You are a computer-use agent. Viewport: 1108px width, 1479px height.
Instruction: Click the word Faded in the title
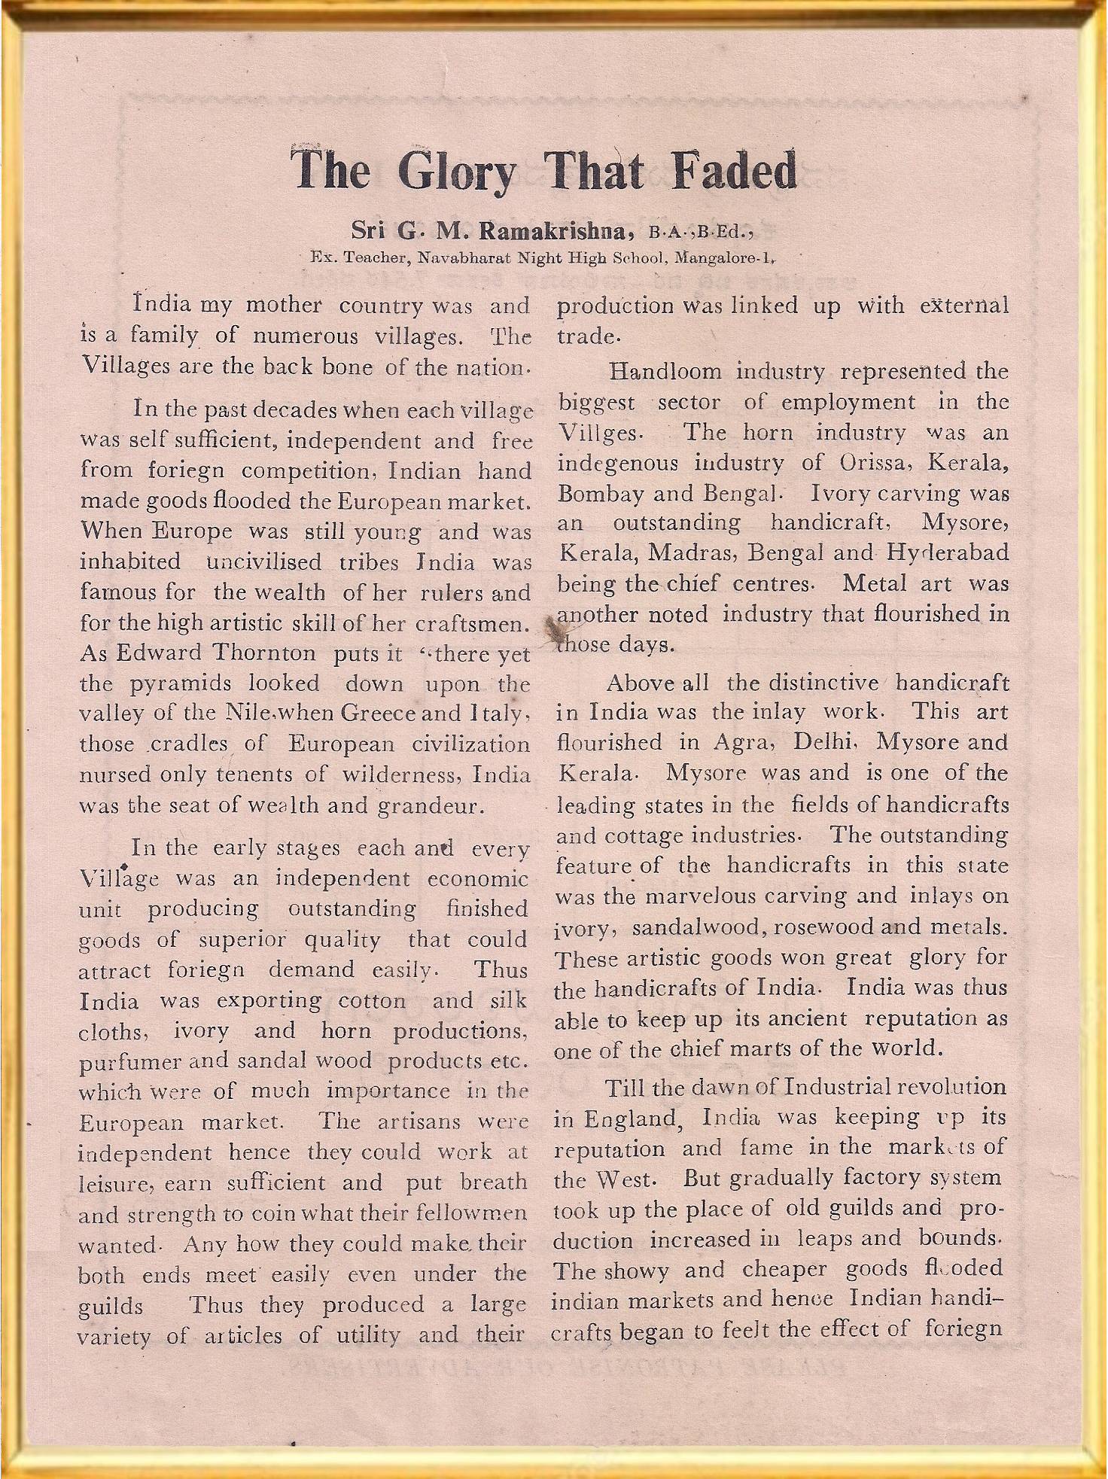734,170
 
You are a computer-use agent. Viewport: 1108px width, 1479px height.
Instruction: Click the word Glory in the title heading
458,172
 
